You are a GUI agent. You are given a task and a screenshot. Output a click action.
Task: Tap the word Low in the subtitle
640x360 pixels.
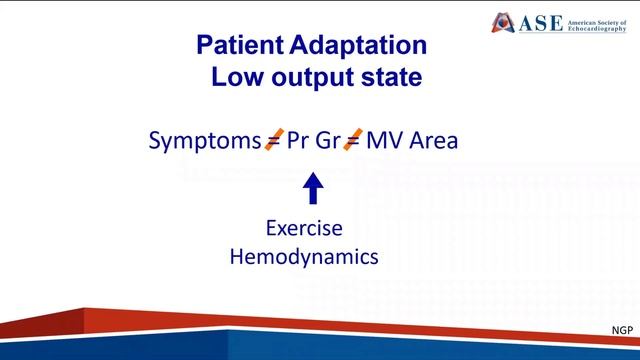[236, 78]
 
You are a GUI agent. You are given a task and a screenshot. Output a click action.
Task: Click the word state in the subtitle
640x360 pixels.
[382, 78]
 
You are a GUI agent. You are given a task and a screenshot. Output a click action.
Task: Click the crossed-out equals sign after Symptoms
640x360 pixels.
[272, 140]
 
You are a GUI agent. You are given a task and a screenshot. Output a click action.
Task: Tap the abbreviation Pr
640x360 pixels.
[298, 141]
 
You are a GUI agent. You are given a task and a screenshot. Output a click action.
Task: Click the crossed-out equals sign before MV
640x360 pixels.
[352, 140]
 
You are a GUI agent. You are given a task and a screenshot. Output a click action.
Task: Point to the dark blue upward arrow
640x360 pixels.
[313, 187]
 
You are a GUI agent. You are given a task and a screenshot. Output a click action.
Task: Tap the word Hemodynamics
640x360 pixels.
[305, 257]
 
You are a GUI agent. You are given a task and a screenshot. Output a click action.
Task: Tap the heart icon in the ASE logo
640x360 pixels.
[503, 22]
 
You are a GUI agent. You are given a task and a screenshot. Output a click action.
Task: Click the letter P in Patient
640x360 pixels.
[205, 45]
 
